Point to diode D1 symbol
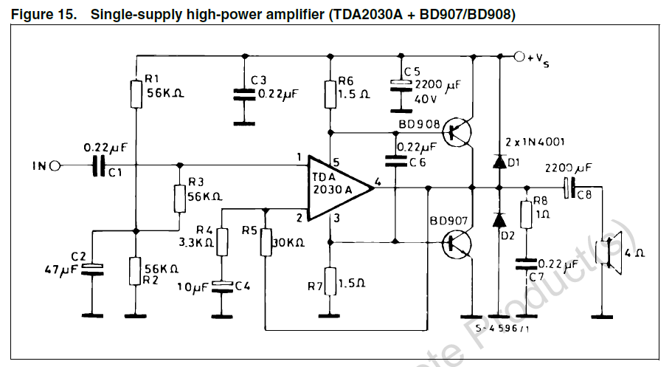point(499,162)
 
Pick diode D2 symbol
point(499,219)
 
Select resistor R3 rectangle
point(180,198)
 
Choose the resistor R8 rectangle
point(526,215)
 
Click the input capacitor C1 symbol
point(97,166)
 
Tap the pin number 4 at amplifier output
point(378,180)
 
